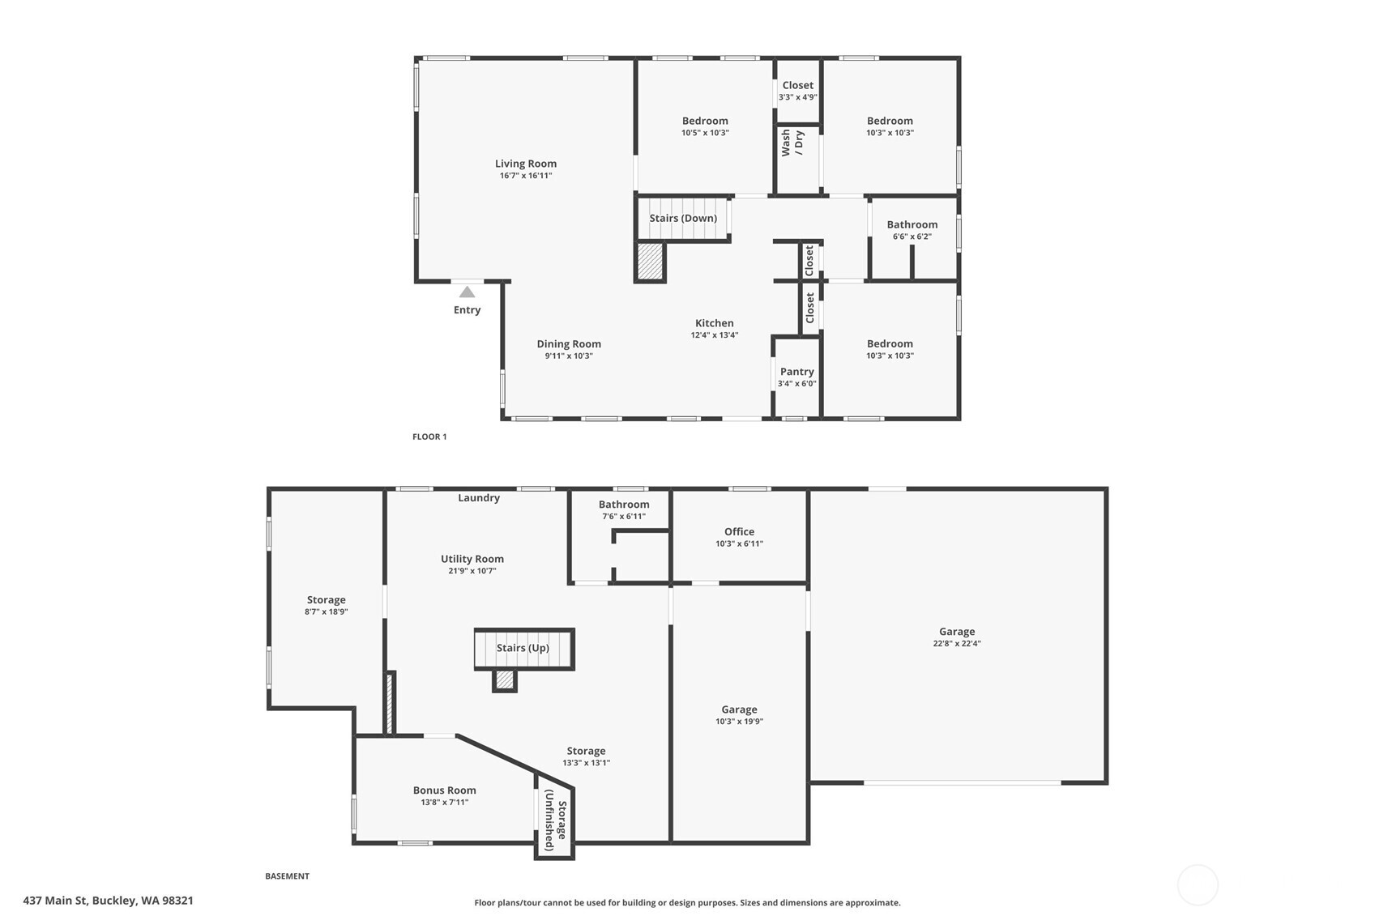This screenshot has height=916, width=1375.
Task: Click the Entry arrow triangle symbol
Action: [467, 292]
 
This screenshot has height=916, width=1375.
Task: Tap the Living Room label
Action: [526, 164]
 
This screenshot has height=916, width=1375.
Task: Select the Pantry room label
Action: [796, 372]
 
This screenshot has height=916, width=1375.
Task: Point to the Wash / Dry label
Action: [792, 143]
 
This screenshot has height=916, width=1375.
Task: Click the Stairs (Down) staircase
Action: [683, 219]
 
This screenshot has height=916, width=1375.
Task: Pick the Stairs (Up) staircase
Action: [523, 648]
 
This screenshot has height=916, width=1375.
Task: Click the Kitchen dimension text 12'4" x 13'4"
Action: [714, 335]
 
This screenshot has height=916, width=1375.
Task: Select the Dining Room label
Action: [569, 344]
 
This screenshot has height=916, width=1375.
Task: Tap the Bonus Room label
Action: [444, 790]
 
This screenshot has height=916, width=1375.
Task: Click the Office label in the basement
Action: [739, 532]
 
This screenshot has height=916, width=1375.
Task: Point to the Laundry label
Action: [479, 498]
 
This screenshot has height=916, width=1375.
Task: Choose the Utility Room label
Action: [472, 559]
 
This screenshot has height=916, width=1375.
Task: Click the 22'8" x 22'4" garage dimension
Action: [957, 644]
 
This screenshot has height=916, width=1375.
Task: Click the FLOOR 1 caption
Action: [429, 437]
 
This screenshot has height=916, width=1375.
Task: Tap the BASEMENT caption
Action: [287, 876]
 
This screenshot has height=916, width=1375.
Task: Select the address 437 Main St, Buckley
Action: [108, 901]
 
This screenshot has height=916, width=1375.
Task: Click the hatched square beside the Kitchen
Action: [650, 262]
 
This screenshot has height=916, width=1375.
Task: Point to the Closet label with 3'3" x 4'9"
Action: [797, 86]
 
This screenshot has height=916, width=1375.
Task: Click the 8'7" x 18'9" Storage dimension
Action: [326, 612]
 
